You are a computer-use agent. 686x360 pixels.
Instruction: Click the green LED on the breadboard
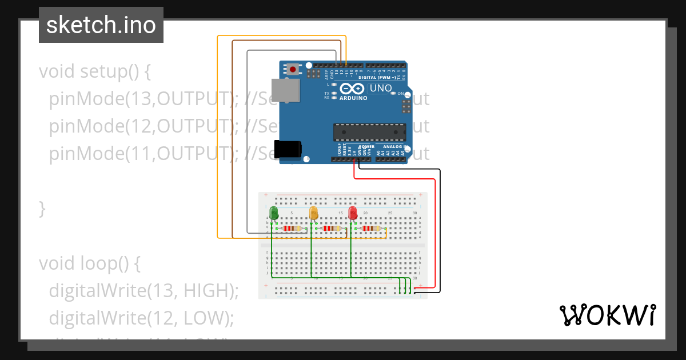click(x=274, y=213)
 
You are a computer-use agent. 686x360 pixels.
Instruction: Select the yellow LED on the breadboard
click(x=313, y=213)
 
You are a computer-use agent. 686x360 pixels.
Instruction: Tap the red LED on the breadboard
click(x=353, y=213)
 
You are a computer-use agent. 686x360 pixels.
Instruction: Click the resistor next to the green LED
click(x=292, y=229)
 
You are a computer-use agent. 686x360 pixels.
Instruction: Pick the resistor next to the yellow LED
click(x=332, y=229)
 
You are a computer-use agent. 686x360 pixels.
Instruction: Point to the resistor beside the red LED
click(x=371, y=229)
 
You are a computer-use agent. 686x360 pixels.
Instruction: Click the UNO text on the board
click(x=381, y=88)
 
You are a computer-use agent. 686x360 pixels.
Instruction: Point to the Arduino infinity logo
click(x=351, y=89)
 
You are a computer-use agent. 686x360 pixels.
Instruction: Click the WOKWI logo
click(x=607, y=315)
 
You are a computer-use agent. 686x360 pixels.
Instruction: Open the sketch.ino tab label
click(x=101, y=25)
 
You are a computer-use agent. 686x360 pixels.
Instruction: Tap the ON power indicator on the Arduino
click(x=401, y=93)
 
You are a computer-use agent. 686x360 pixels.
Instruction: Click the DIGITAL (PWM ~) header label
click(x=378, y=77)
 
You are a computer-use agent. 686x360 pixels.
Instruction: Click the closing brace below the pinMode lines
click(x=42, y=208)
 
